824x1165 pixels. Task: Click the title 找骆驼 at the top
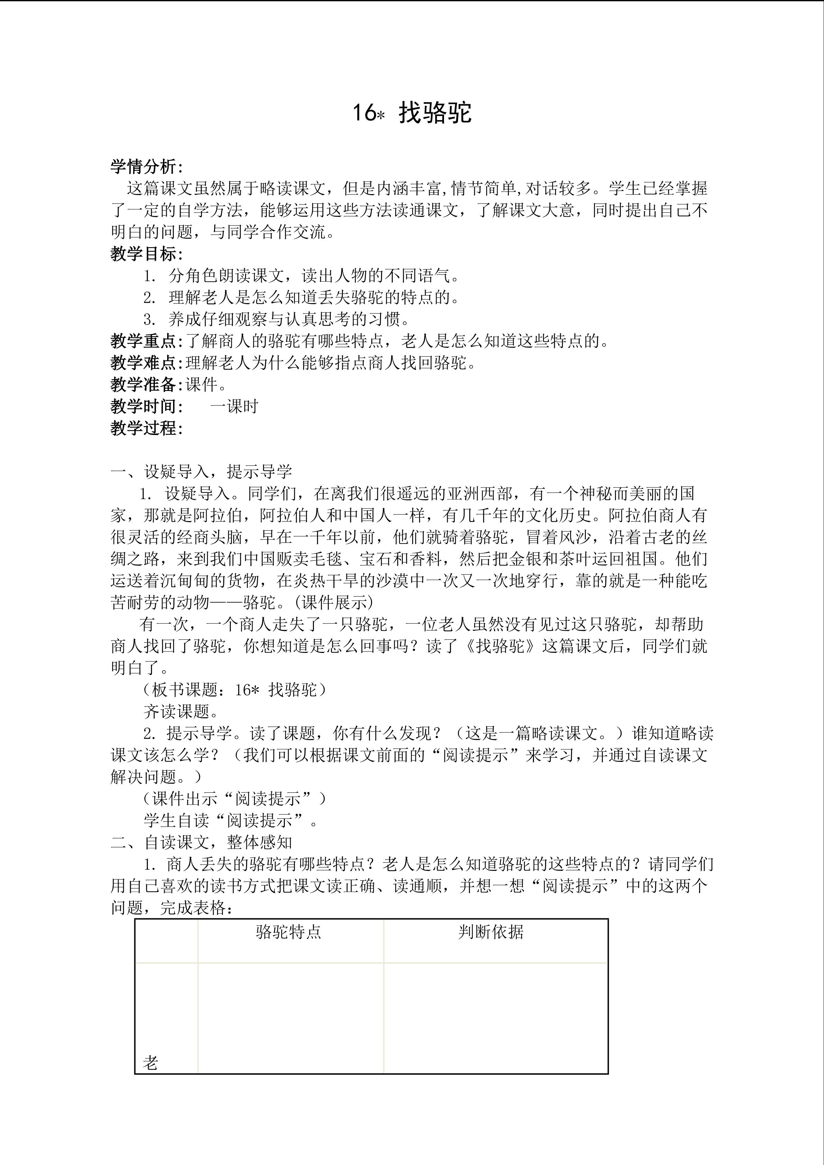pyautogui.click(x=435, y=113)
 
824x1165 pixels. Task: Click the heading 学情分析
pyautogui.click(x=146, y=167)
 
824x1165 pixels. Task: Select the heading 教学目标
pyautogui.click(x=146, y=254)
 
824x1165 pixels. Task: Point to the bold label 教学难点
pyautogui.click(x=143, y=363)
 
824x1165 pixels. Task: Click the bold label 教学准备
pyautogui.click(x=143, y=385)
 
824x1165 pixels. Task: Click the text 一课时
pyautogui.click(x=234, y=407)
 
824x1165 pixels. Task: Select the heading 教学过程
pyautogui.click(x=146, y=428)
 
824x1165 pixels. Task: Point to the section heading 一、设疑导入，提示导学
pyautogui.click(x=201, y=472)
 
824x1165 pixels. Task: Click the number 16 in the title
pyautogui.click(x=364, y=113)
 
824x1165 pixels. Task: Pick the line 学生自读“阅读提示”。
pyautogui.click(x=231, y=820)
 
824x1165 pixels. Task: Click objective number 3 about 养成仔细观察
pyautogui.click(x=277, y=319)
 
